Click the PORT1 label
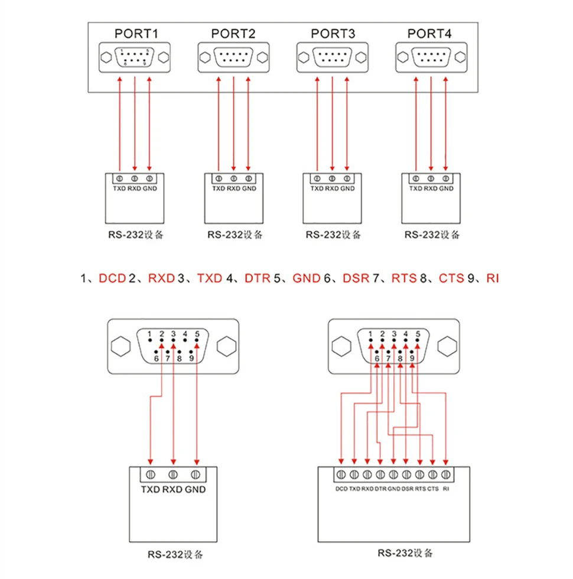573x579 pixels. pos(136,34)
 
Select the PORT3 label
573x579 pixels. pos(333,34)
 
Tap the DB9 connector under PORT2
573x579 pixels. pos(233,57)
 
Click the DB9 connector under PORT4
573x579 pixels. pos(431,57)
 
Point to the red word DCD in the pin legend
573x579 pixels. pos(113,278)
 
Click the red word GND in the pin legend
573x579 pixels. pos(307,278)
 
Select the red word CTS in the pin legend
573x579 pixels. pos(451,278)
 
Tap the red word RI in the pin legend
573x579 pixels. pos(493,278)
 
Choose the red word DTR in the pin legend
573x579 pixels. pos(258,278)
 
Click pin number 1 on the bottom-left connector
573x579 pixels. pos(149,334)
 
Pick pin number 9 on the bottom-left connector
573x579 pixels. pos(191,358)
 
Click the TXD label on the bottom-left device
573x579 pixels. pos(150,489)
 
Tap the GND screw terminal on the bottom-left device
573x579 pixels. pos(196,474)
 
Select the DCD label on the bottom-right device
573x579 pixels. pos(341,489)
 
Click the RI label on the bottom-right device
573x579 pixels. pos(446,489)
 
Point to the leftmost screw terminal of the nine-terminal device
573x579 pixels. pos(341,474)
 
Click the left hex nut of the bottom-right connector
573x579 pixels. pos(341,346)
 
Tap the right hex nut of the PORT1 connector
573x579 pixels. pos(164,57)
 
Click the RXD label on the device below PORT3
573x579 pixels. pos(332,188)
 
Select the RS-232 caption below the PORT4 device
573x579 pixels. pos(432,235)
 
